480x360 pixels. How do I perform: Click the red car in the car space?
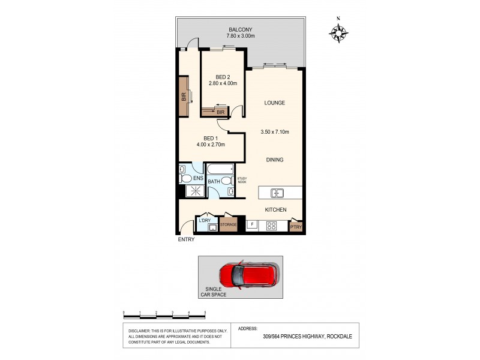(x=248, y=275)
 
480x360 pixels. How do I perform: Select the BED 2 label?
(x=223, y=76)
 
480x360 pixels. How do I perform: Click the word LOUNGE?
(x=275, y=103)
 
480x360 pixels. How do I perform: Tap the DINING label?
(x=275, y=160)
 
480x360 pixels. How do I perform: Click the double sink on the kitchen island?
(x=277, y=193)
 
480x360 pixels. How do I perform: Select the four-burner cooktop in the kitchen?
(x=271, y=226)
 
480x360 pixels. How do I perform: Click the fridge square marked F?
(x=252, y=226)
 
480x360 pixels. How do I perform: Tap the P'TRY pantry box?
(x=296, y=227)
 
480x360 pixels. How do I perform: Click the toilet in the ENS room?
(x=185, y=178)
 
